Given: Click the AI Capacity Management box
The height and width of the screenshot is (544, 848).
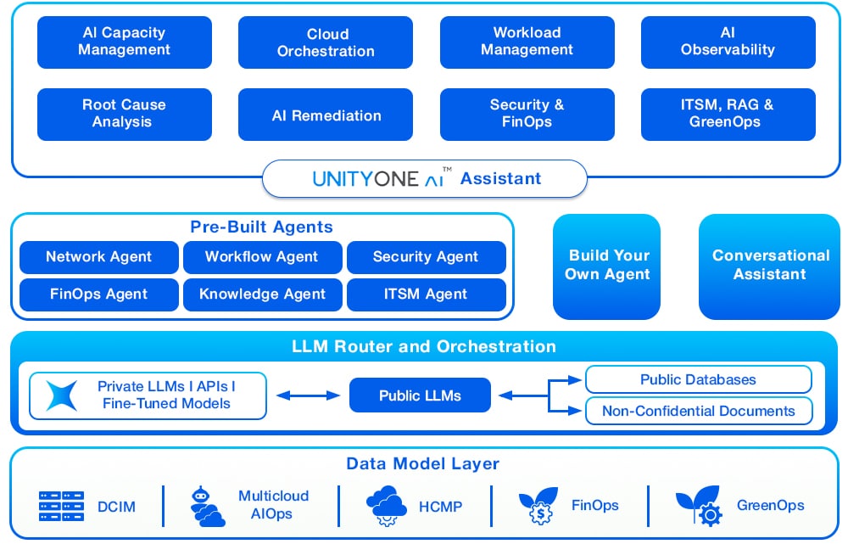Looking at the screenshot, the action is tap(125, 42).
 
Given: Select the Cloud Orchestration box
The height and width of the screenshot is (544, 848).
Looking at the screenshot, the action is tap(326, 42).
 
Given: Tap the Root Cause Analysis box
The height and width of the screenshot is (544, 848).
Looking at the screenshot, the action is tap(125, 115).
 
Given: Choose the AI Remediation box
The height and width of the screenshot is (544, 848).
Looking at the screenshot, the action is tap(326, 115).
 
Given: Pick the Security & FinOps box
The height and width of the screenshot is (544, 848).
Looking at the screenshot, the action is tap(527, 115).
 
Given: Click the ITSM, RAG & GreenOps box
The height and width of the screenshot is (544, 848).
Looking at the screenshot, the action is tap(728, 115).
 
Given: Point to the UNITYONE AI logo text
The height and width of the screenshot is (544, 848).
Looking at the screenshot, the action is tap(382, 178).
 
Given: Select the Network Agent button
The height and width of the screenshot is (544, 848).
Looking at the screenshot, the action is tap(99, 257).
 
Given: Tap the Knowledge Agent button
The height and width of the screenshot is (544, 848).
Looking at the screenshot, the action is tap(263, 294).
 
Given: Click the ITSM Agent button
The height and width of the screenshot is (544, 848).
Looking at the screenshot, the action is tap(427, 294).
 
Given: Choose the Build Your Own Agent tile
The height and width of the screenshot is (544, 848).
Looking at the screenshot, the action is tap(607, 266).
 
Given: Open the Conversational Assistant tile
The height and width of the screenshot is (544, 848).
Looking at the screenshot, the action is tap(770, 266).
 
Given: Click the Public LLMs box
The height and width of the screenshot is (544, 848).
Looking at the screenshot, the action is tap(421, 395).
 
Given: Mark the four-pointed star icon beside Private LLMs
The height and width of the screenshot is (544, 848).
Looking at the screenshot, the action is tap(62, 395).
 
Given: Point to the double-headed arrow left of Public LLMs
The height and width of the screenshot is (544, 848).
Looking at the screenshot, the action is tap(309, 395).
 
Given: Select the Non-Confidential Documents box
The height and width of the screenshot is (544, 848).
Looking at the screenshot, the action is tap(699, 411).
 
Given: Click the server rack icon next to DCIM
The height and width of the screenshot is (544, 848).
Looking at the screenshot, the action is tap(62, 506).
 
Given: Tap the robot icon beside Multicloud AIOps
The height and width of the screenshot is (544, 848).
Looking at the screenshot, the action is tap(207, 506).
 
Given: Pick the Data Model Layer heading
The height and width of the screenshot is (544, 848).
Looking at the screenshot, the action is tap(423, 464).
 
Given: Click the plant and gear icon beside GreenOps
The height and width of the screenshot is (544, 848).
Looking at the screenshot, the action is tap(700, 506).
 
